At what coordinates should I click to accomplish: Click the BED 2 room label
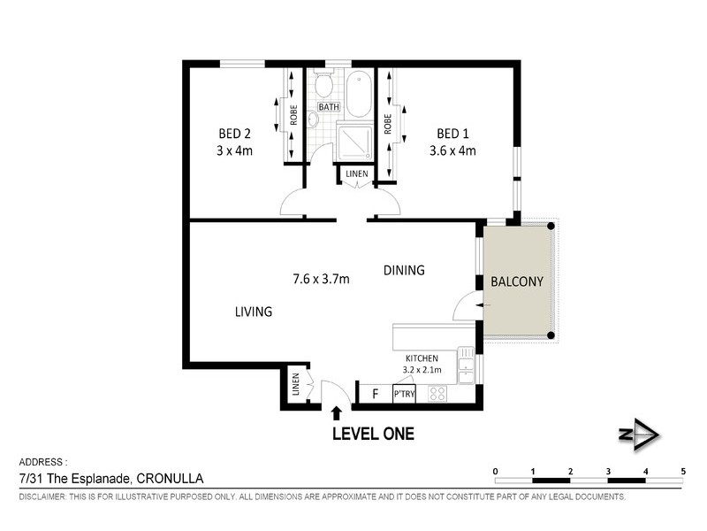[x=234, y=134]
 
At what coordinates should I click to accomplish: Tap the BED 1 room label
[x=452, y=134]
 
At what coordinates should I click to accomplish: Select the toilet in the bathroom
[x=323, y=84]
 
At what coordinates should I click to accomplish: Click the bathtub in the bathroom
[x=360, y=95]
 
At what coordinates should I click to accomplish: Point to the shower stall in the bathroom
[x=355, y=142]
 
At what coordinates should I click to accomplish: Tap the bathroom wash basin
[x=314, y=119]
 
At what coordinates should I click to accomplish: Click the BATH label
[x=329, y=107]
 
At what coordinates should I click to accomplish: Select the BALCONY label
[x=517, y=281]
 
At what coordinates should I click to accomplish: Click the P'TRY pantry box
[x=404, y=394]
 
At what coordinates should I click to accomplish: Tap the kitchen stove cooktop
[x=437, y=393]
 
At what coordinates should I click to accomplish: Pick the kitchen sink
[x=467, y=366]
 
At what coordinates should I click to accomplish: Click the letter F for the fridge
[x=375, y=394]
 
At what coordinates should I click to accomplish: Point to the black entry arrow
[x=337, y=413]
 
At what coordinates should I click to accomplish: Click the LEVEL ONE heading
[x=373, y=434]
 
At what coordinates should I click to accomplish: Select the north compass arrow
[x=639, y=435]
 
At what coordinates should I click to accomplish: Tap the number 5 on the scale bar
[x=683, y=472]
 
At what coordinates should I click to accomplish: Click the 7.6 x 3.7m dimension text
[x=321, y=279]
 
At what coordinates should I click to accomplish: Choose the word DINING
[x=404, y=270]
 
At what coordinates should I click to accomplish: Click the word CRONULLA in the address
[x=170, y=478]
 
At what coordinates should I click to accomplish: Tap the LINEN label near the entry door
[x=295, y=384]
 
